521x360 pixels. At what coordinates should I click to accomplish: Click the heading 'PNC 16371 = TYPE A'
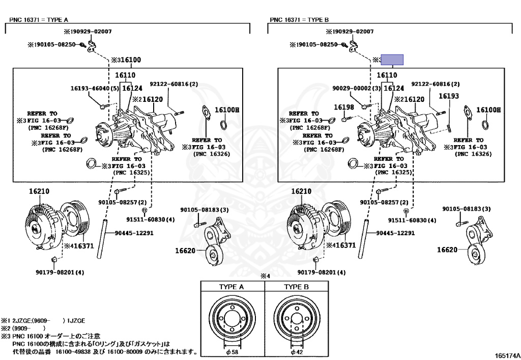[x=39, y=20]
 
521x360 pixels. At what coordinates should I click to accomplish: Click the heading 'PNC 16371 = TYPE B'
[x=300, y=20]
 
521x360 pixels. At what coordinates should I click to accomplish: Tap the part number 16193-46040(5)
[x=95, y=89]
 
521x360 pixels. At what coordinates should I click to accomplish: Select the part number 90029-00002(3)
[x=357, y=89]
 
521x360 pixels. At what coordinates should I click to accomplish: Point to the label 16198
[x=344, y=107]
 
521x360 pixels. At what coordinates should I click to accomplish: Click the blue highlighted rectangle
[x=393, y=60]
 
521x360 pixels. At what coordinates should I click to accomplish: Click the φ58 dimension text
[x=231, y=352]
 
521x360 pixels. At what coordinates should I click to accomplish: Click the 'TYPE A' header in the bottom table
[x=231, y=287]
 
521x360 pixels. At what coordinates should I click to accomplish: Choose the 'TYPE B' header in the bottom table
[x=297, y=287]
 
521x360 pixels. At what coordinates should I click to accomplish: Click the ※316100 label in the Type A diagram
[x=126, y=60]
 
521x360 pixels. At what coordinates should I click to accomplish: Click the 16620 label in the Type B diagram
[x=447, y=250]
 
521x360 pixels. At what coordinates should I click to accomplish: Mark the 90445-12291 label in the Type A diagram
[x=134, y=233]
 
